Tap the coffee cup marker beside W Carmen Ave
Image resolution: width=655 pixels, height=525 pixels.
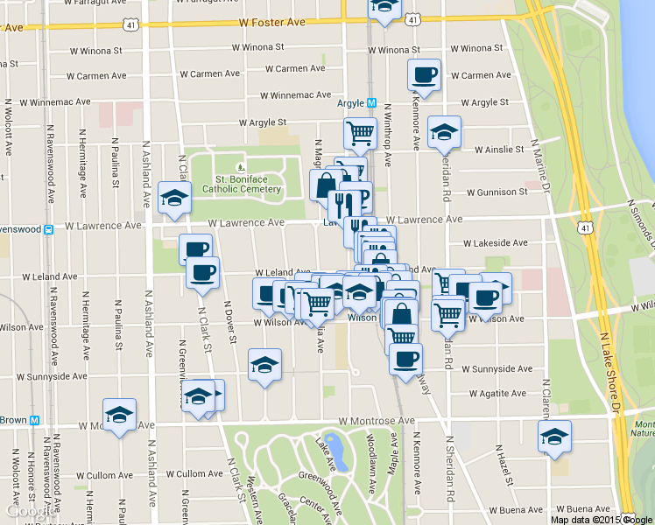[x=424, y=75]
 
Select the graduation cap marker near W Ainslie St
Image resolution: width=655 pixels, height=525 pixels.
[x=444, y=134]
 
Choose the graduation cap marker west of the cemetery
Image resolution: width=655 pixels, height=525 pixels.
[x=175, y=199]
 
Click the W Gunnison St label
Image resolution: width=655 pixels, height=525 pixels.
[x=497, y=192]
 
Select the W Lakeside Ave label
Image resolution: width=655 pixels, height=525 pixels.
[x=496, y=242]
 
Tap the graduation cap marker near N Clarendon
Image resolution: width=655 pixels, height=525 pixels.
[x=554, y=437]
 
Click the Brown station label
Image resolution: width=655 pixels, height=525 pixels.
[x=13, y=420]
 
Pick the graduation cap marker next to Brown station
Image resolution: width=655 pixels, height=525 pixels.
[x=119, y=416]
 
